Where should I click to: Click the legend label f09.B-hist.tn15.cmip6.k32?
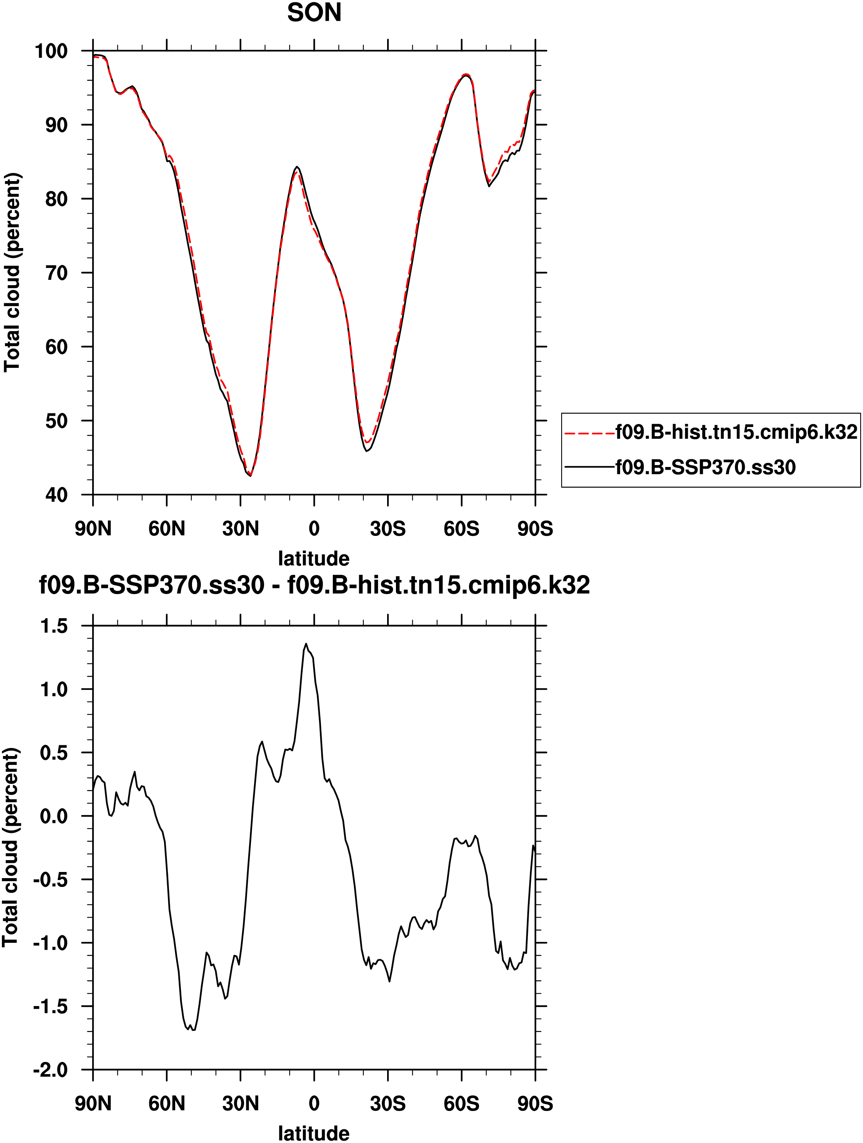[x=736, y=432]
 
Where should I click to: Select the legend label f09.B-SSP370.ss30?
[x=705, y=467]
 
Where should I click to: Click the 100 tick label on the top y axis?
[x=50, y=51]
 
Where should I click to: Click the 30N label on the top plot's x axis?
[x=240, y=529]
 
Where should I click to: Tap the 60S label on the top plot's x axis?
[x=461, y=529]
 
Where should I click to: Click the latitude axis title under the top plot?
[x=314, y=558]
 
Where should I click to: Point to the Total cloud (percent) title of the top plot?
[x=12, y=272]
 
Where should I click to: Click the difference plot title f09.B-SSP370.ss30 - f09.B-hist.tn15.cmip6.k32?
[x=314, y=585]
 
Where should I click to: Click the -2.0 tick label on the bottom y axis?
[x=50, y=1070]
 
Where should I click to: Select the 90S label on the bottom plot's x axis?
[x=535, y=1104]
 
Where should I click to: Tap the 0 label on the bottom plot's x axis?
[x=314, y=1104]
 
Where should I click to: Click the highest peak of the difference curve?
[x=306, y=644]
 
